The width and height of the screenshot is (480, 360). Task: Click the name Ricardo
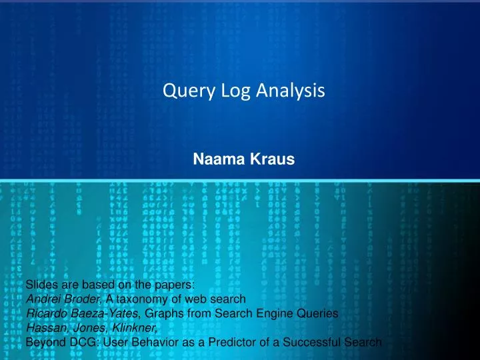point(45,313)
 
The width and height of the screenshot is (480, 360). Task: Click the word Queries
point(316,313)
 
